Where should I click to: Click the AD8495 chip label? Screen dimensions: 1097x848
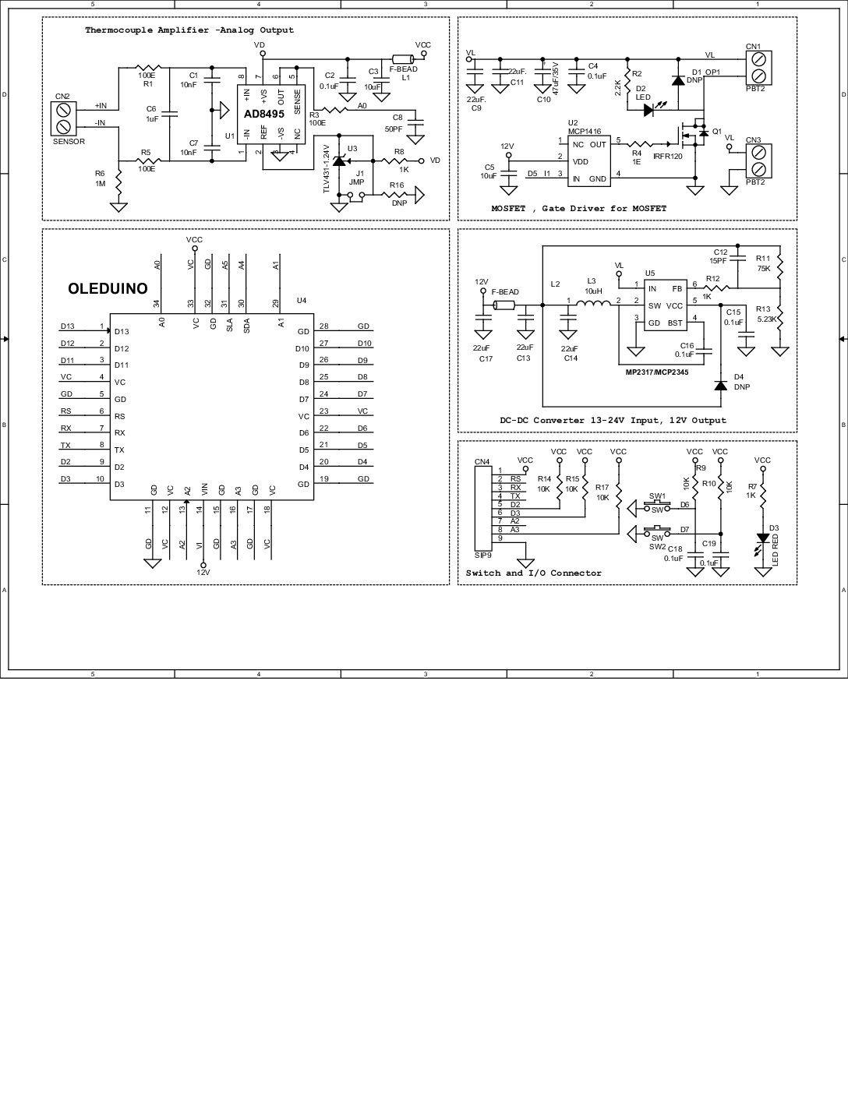264,113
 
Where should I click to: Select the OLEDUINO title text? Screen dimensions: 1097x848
108,288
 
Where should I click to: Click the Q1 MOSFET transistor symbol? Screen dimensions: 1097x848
695,134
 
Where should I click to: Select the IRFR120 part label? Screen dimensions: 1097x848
668,157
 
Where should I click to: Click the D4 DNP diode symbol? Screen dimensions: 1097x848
721,385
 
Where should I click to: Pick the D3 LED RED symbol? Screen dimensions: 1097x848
763,539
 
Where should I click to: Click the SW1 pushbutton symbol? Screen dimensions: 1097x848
657,506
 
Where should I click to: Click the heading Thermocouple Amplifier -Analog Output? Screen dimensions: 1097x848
189,30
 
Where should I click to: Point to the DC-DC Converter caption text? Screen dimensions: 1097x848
613,420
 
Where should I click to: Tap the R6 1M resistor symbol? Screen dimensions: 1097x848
119,183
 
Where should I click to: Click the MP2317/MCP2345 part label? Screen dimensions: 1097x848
661,372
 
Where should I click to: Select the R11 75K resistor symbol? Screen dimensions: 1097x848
779,263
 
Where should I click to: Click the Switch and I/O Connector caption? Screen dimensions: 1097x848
534,573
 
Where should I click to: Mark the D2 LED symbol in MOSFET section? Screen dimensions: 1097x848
648,110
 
